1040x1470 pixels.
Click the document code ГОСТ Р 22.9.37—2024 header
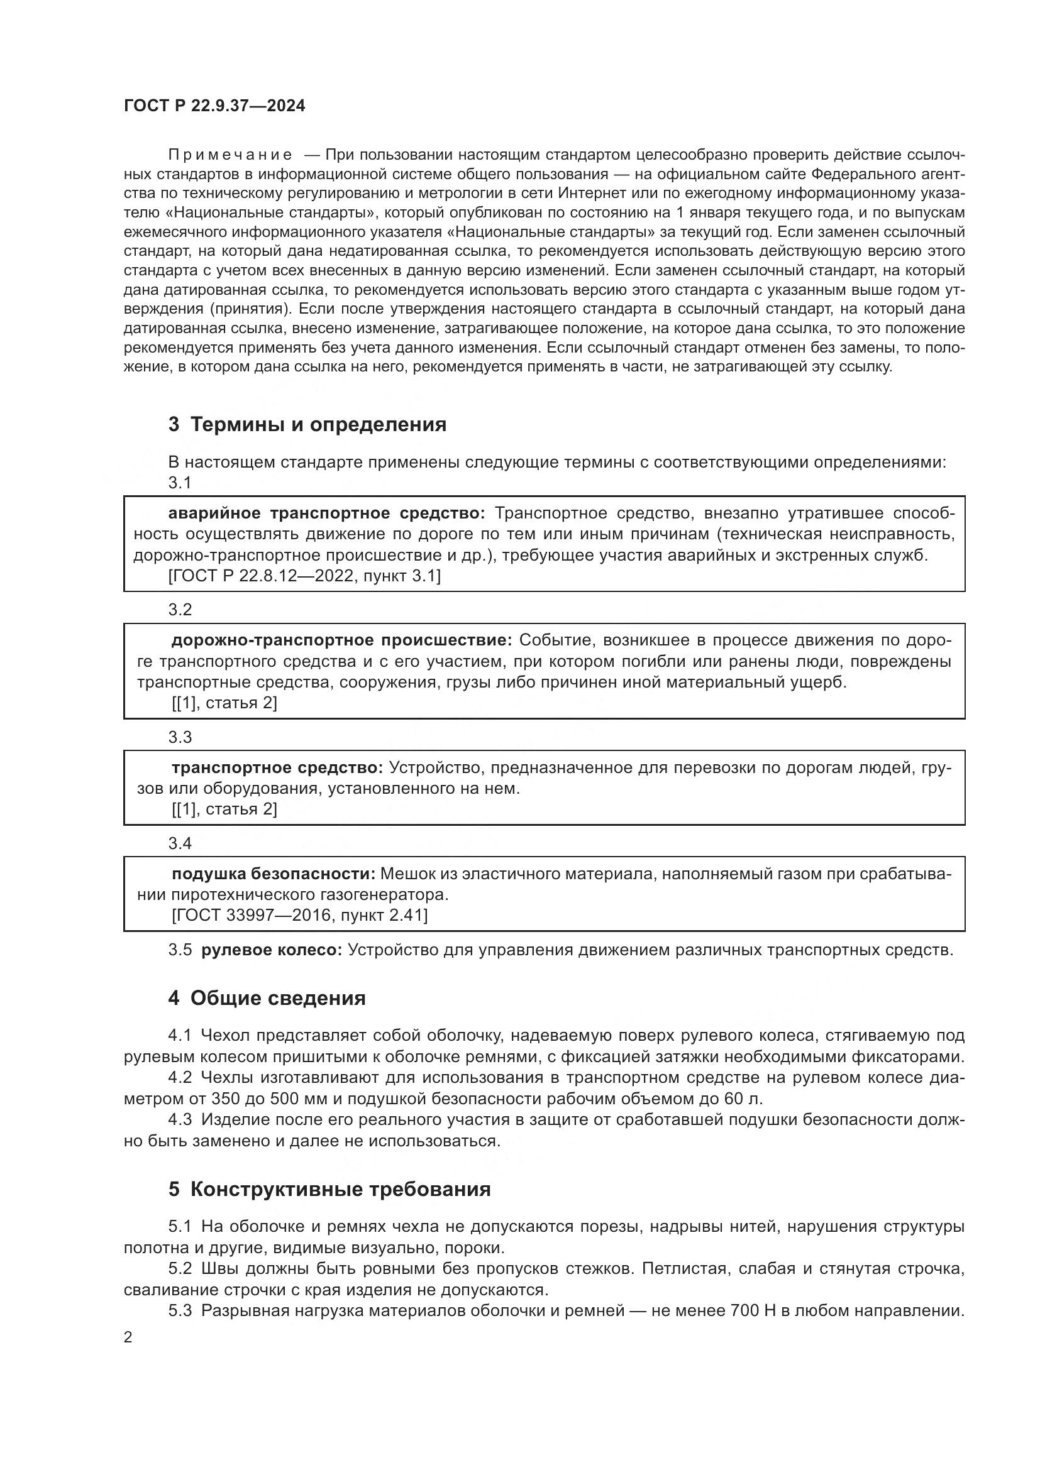pos(214,106)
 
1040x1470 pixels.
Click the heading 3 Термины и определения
pos(307,424)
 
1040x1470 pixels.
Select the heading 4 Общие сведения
pos(267,998)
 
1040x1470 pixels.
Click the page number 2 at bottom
pos(128,1337)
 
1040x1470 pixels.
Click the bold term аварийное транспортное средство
pos(326,513)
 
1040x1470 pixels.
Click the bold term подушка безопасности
pos(274,874)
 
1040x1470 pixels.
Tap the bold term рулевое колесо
pos(272,950)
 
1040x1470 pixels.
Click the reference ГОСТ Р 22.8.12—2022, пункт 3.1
pos(305,576)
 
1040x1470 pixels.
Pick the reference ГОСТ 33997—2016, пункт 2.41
pos(300,916)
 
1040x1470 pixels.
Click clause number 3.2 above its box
pos(180,610)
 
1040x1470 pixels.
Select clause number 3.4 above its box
pos(180,843)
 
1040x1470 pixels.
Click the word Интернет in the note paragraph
pos(586,194)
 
